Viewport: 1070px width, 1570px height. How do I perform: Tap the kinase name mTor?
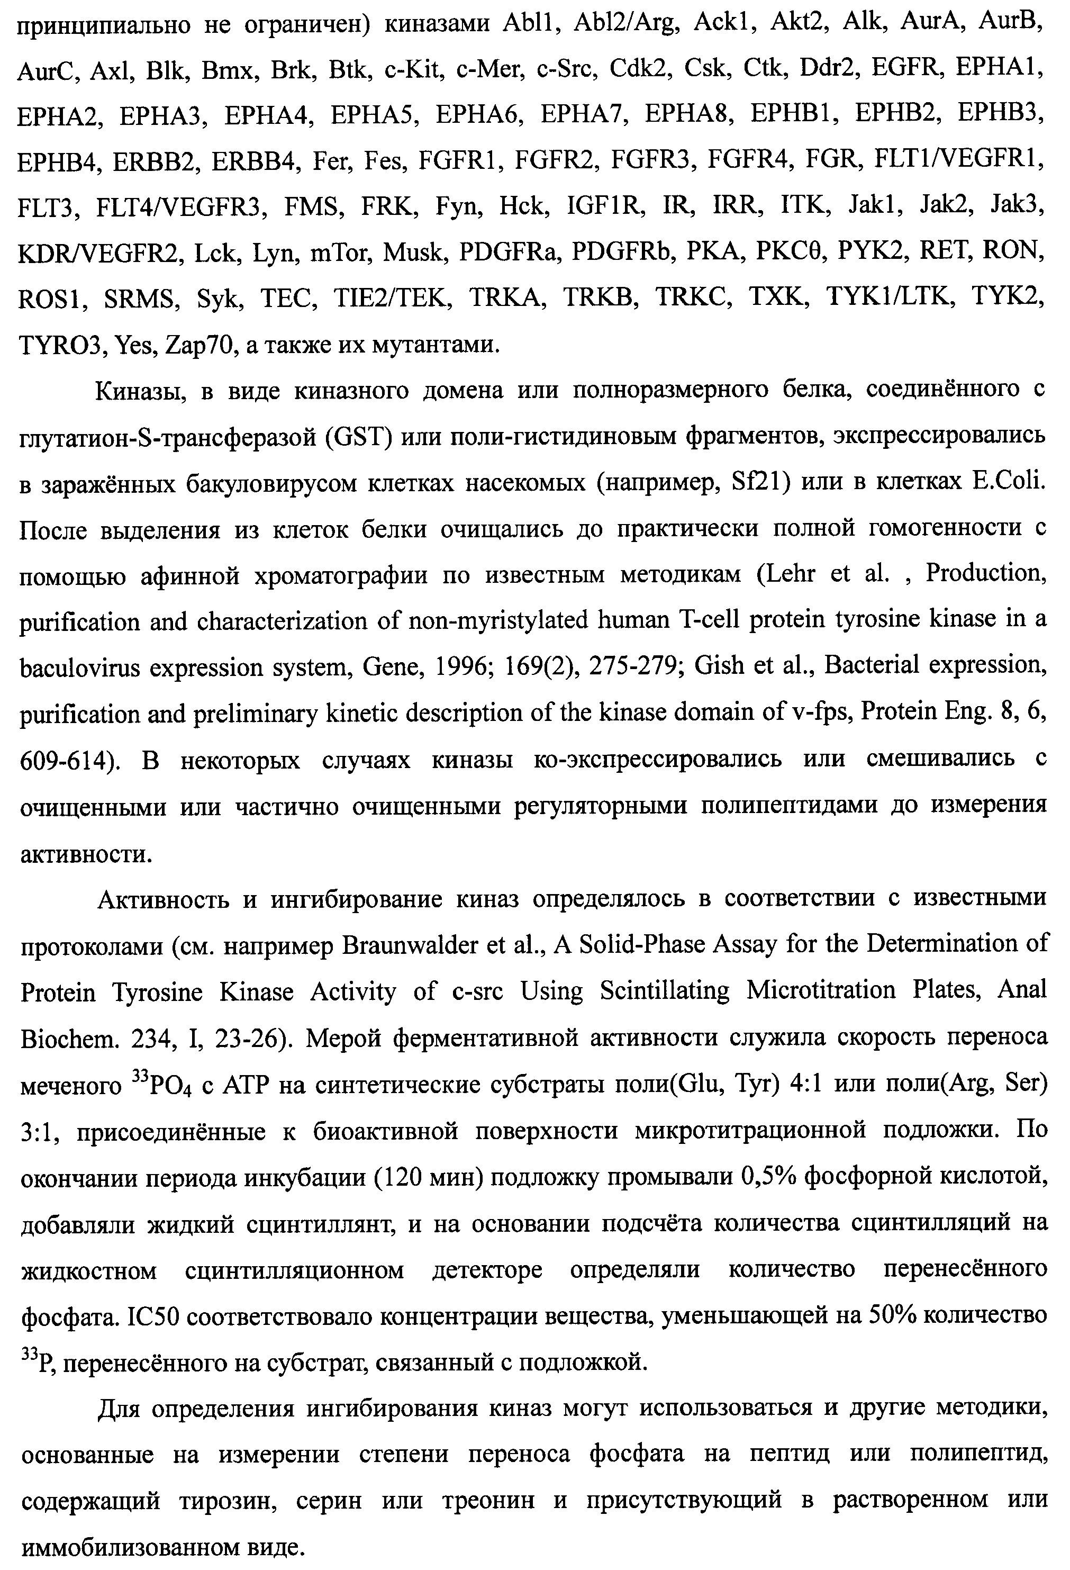340,252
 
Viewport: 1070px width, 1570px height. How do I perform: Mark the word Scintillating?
665,991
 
